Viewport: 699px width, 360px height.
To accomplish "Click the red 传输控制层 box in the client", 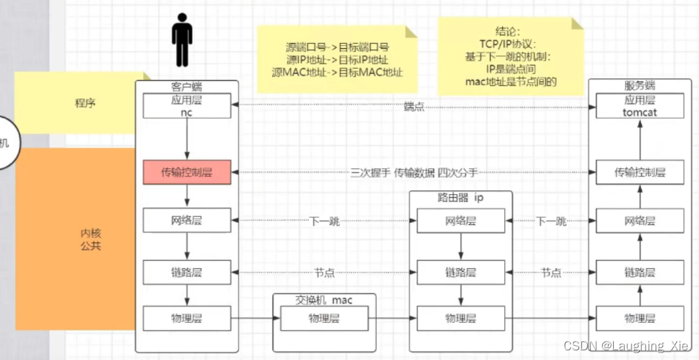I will [x=187, y=173].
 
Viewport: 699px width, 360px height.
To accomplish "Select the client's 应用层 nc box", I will [x=187, y=106].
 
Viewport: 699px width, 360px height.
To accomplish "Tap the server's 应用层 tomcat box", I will [x=639, y=106].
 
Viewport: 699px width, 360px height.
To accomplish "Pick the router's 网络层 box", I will [x=461, y=221].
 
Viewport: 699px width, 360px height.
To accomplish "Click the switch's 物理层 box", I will [x=324, y=319].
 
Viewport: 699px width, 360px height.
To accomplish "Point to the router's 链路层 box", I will [x=461, y=272].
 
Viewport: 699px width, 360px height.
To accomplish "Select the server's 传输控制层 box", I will [x=639, y=173].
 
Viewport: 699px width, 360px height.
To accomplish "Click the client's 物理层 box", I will [x=187, y=319].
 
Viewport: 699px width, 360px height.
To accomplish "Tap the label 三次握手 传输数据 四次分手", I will [x=414, y=173].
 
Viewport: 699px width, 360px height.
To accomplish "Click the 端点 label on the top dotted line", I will [x=414, y=107].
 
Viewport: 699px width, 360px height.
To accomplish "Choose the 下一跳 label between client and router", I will [x=325, y=221].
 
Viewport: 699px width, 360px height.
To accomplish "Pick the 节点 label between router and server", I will [x=551, y=273].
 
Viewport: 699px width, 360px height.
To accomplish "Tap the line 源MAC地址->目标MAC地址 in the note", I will [x=338, y=72].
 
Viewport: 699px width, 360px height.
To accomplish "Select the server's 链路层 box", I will [x=639, y=272].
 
